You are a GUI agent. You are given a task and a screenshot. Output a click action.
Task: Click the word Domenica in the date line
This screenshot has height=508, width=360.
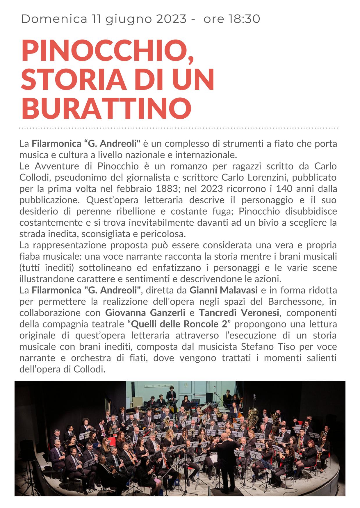54,19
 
